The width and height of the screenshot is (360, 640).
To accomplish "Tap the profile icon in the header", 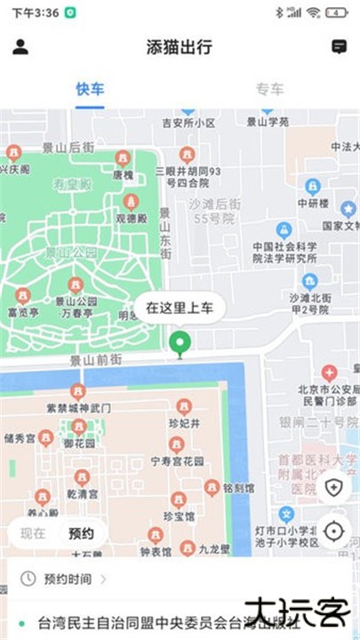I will pyautogui.click(x=20, y=47).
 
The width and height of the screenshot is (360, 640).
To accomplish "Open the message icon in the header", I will pyautogui.click(x=339, y=47).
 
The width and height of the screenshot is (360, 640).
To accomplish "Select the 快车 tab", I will pyautogui.click(x=90, y=89).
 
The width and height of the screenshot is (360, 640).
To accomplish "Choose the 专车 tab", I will pyautogui.click(x=270, y=89).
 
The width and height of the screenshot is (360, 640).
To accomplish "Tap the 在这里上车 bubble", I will pyautogui.click(x=180, y=308).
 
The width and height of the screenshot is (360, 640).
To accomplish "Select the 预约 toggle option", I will pyautogui.click(x=81, y=533).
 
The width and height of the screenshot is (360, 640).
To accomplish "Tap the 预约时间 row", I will pyautogui.click(x=62, y=579).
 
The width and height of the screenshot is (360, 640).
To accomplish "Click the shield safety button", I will pyautogui.click(x=333, y=487).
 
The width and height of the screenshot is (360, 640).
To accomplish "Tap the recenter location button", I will pyautogui.click(x=333, y=532).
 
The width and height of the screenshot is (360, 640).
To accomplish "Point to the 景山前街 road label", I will pyautogui.click(x=94, y=361).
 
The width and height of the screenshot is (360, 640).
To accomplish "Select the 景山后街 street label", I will pyautogui.click(x=68, y=146).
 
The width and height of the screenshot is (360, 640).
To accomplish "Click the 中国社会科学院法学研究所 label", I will pyautogui.click(x=284, y=252).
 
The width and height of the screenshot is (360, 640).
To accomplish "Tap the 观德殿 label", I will pyautogui.click(x=131, y=218).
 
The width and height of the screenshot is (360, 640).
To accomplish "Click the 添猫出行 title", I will pyautogui.click(x=180, y=48).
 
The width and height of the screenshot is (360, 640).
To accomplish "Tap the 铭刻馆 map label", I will pyautogui.click(x=239, y=488).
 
